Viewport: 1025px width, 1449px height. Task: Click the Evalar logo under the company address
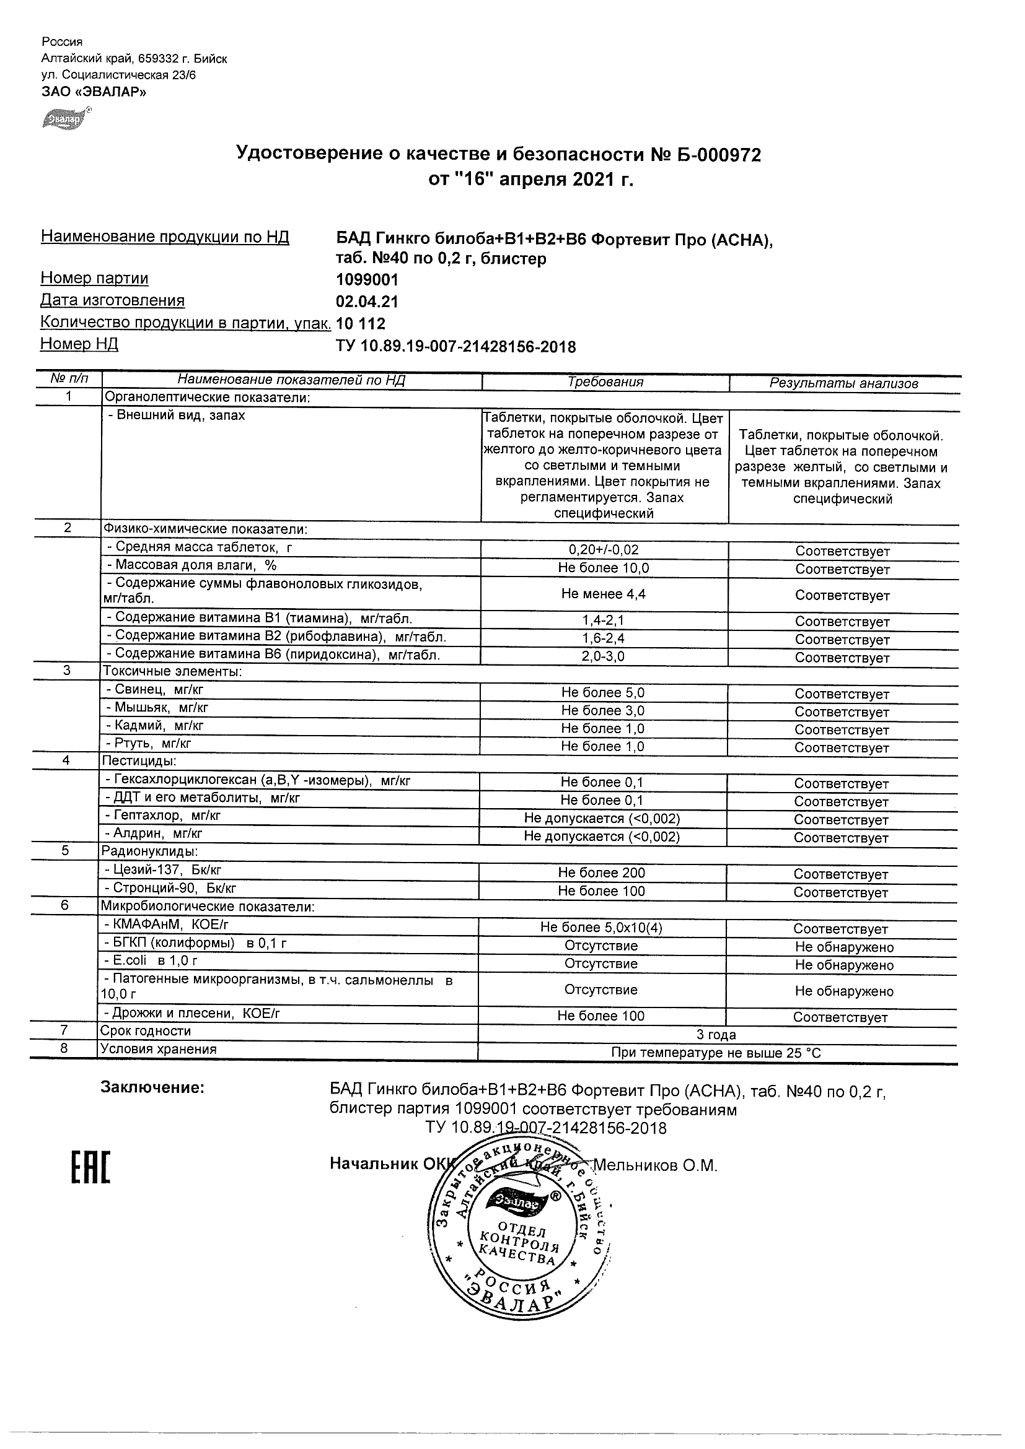(x=66, y=119)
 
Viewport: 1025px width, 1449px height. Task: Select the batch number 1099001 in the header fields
(x=367, y=279)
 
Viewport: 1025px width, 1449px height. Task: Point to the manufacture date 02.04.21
(x=367, y=302)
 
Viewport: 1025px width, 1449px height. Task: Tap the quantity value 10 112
(x=361, y=324)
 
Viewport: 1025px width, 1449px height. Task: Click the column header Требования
(x=605, y=382)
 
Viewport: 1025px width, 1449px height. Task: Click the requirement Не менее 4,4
(x=603, y=594)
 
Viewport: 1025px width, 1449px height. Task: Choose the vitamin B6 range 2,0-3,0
(x=603, y=656)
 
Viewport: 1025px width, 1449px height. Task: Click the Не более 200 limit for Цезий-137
(x=601, y=873)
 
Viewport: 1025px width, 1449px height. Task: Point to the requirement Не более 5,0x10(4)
(x=601, y=927)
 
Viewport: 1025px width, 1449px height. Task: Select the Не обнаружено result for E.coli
(x=844, y=965)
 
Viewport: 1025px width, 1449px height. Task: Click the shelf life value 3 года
(x=716, y=1034)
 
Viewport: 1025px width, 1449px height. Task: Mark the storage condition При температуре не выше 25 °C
(x=716, y=1053)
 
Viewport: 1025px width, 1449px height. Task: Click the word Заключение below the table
(x=152, y=1088)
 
